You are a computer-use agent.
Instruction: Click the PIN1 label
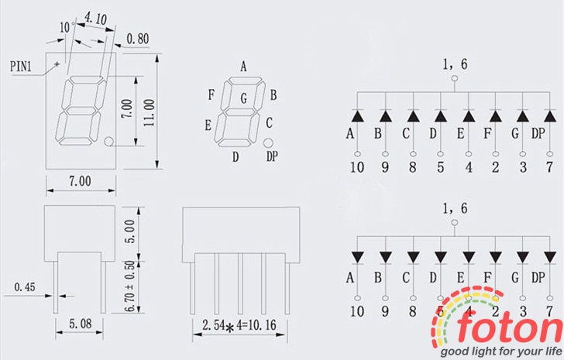21,66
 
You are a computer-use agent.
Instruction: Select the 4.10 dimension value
95,19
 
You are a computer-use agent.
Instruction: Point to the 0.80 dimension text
138,39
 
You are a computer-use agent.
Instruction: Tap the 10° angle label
67,27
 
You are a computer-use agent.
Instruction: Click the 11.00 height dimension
149,112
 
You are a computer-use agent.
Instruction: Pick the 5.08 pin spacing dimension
81,324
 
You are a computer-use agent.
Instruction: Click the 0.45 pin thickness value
25,286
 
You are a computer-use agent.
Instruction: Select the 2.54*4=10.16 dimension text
239,325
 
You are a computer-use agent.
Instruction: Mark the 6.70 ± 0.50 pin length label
130,286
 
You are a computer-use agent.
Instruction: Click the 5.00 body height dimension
130,231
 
